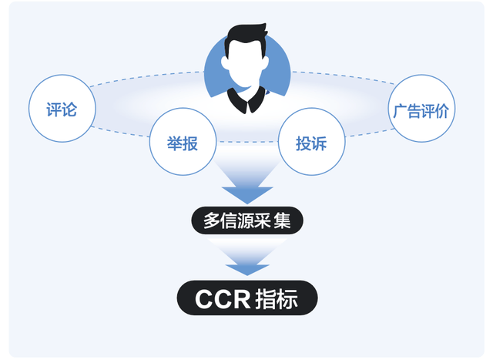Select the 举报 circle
tap(182, 143)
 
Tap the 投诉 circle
tap(310, 143)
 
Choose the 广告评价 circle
tap(421, 109)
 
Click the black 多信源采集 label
tap(247, 221)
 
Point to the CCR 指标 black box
tap(246, 298)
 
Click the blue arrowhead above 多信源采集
tap(246, 193)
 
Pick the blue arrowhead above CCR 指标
tap(246, 268)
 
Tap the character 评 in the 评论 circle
tap(53, 109)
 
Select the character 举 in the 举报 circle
tap(174, 143)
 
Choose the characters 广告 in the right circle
tap(406, 109)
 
